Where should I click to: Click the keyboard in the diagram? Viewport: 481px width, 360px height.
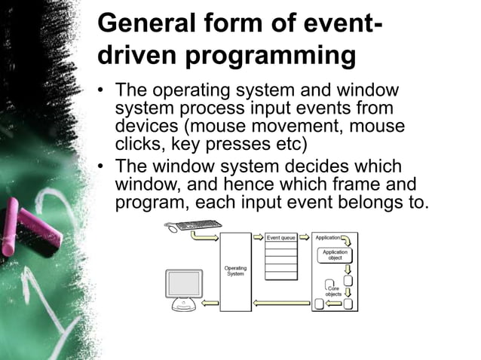coord(198,224)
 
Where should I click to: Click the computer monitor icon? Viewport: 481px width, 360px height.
coord(184,284)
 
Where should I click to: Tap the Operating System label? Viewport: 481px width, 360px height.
coord(235,271)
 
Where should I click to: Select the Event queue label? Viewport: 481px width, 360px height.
coord(281,237)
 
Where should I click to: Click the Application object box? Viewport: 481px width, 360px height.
coord(335,255)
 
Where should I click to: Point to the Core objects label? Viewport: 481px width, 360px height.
coord(332,290)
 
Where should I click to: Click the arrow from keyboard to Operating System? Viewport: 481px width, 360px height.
coord(204,236)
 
